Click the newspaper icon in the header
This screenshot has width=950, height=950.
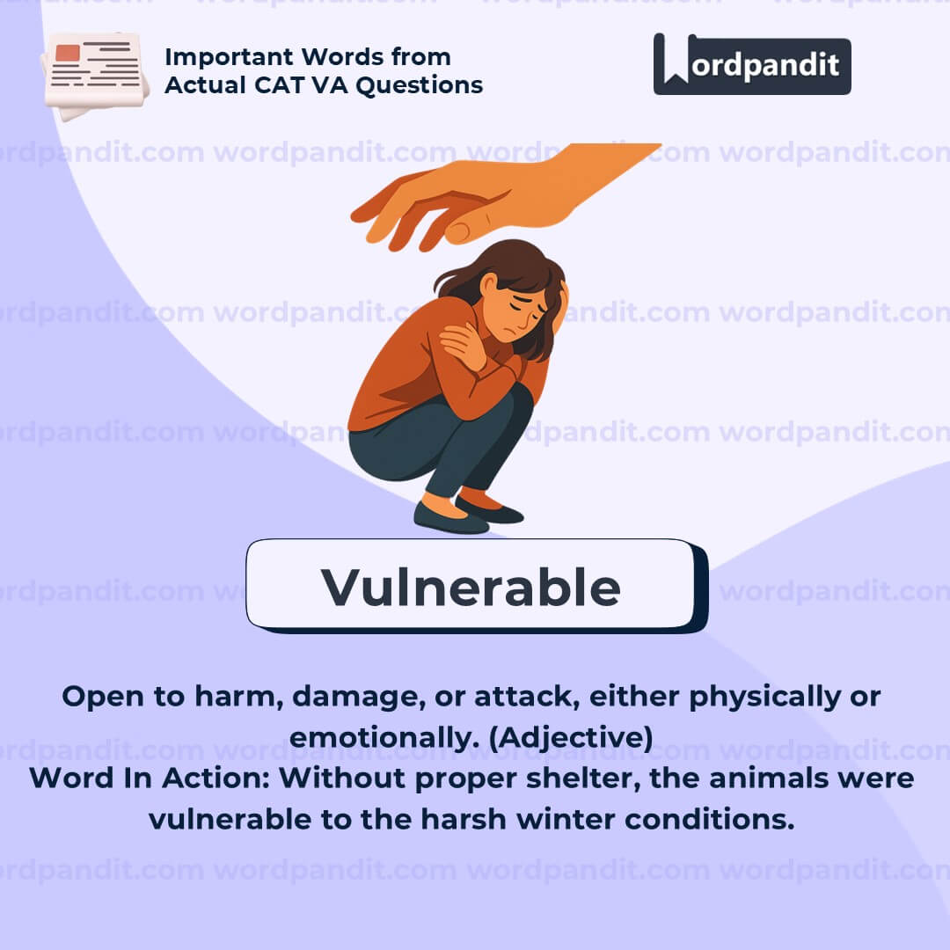point(94,75)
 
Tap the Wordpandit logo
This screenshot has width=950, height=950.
point(752,64)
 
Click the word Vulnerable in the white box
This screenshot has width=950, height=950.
point(471,587)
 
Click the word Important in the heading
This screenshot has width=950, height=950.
point(232,57)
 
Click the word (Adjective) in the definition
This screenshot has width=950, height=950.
point(571,738)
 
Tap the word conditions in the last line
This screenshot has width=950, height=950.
point(710,820)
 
